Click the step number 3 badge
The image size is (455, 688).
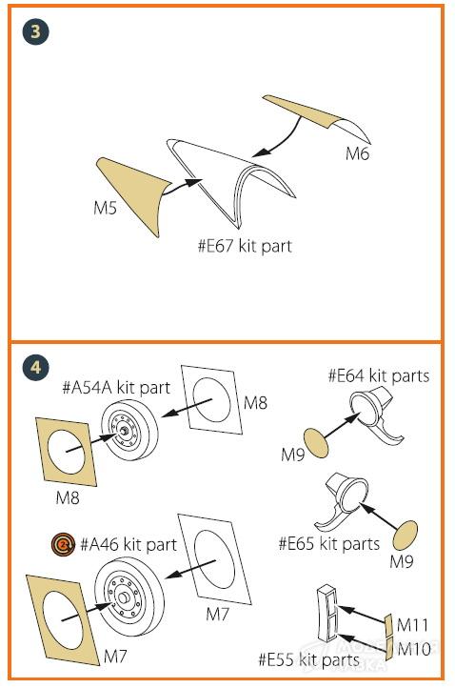click(x=35, y=31)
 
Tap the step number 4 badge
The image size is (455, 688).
click(x=35, y=367)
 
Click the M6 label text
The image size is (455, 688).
click(x=357, y=153)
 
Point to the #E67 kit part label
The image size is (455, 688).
click(x=245, y=246)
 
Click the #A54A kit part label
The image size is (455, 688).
click(x=116, y=388)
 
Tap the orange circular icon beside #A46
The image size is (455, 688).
click(x=63, y=544)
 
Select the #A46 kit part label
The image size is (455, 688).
click(x=129, y=544)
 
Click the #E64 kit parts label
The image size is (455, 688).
click(x=379, y=376)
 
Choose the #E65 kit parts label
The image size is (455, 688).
click(x=329, y=544)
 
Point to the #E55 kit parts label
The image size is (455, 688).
click(x=309, y=659)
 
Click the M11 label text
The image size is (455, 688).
click(x=412, y=625)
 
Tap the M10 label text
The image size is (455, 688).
click(x=414, y=649)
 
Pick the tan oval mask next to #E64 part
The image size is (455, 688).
click(x=316, y=443)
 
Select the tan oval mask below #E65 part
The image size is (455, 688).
click(x=406, y=536)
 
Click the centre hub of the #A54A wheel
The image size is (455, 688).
click(x=125, y=431)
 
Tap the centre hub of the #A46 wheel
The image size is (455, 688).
click(x=123, y=597)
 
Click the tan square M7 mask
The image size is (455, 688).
click(x=63, y=619)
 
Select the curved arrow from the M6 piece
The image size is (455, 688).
click(x=281, y=141)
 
